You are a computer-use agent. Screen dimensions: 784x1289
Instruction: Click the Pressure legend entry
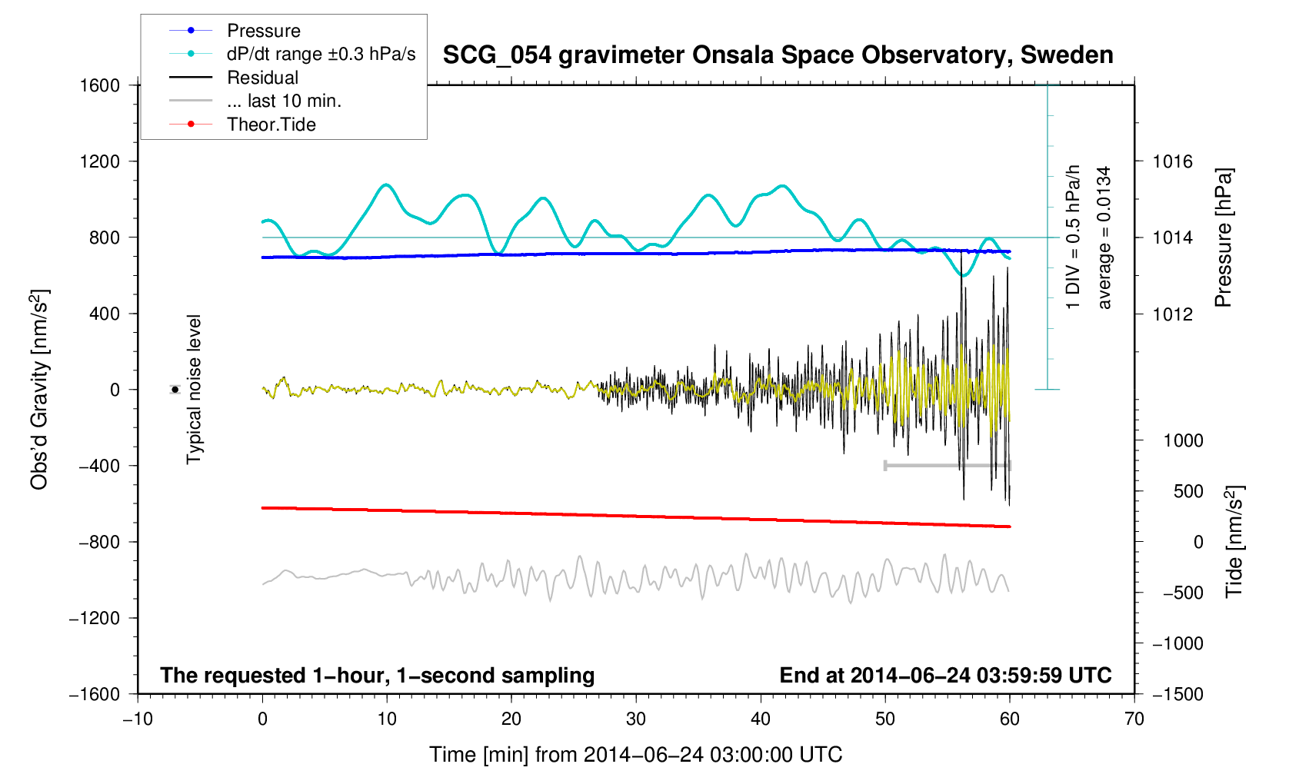[263, 31]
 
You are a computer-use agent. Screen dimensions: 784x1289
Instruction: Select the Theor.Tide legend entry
[271, 125]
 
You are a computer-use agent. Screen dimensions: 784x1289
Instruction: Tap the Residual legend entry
[262, 78]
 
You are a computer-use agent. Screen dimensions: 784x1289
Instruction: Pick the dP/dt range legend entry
[321, 54]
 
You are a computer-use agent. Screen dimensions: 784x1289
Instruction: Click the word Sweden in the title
[1067, 55]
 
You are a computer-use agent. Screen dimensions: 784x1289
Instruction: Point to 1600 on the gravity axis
[100, 85]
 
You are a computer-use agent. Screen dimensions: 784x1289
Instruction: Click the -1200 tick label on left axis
[95, 618]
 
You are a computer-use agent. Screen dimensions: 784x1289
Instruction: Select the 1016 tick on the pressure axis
[1172, 161]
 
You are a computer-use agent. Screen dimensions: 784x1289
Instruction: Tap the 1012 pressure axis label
[1172, 314]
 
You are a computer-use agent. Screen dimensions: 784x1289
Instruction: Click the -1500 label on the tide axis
[1177, 694]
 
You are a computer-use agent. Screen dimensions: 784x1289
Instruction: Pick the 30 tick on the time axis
[636, 719]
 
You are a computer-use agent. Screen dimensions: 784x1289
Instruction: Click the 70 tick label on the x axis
[1134, 719]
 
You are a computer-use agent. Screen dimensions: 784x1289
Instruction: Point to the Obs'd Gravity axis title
[40, 390]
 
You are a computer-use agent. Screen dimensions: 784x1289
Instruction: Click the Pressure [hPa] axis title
[1224, 238]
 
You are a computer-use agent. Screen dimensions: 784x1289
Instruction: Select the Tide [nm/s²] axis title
[1234, 541]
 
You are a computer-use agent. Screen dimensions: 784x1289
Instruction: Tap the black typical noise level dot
[175, 390]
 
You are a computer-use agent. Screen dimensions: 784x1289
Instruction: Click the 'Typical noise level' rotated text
[195, 390]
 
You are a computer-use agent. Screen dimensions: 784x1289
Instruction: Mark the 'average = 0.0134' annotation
[1104, 238]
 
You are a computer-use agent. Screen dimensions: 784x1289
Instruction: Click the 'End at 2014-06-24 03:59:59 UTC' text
[945, 676]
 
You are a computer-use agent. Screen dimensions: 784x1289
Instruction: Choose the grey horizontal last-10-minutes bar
[948, 466]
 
